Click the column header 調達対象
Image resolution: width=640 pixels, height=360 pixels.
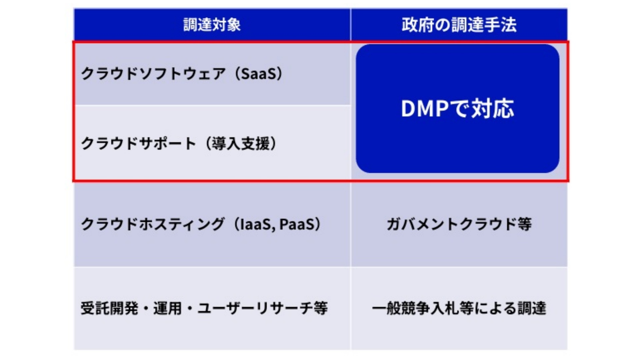tap(212, 25)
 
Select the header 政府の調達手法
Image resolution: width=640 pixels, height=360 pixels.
tap(459, 25)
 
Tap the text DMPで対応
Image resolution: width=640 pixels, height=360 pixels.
tap(457, 109)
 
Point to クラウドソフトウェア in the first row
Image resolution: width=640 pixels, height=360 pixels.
tap(154, 74)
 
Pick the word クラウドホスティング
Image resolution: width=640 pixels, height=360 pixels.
tap(153, 224)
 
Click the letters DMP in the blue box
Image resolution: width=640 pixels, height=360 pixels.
tap(425, 109)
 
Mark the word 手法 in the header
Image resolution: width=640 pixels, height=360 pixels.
tap(502, 25)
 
